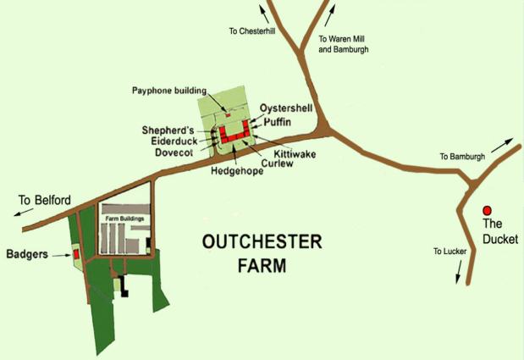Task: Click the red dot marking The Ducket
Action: click(487, 210)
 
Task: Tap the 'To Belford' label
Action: click(45, 200)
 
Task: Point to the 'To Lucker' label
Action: click(450, 252)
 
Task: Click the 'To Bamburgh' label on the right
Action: click(462, 157)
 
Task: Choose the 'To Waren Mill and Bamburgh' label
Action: click(343, 44)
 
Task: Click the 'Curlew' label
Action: click(277, 163)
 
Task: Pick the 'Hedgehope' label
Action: click(237, 171)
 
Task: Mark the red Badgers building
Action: click(75, 253)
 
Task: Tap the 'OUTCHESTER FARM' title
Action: click(262, 252)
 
